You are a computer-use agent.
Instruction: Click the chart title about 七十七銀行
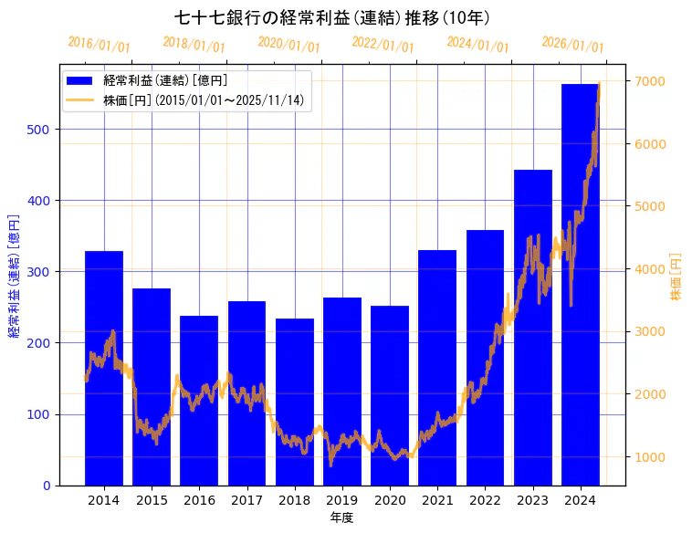pyautogui.click(x=332, y=17)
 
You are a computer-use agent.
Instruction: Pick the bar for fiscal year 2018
pyautogui.click(x=295, y=402)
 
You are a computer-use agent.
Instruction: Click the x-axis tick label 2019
pyautogui.click(x=342, y=500)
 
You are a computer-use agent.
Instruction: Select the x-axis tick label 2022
pyautogui.click(x=485, y=500)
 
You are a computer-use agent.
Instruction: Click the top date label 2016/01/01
pyautogui.click(x=99, y=45)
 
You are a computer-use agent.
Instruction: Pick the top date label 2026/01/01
pyautogui.click(x=572, y=45)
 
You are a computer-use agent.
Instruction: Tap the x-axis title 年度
pyautogui.click(x=342, y=517)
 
